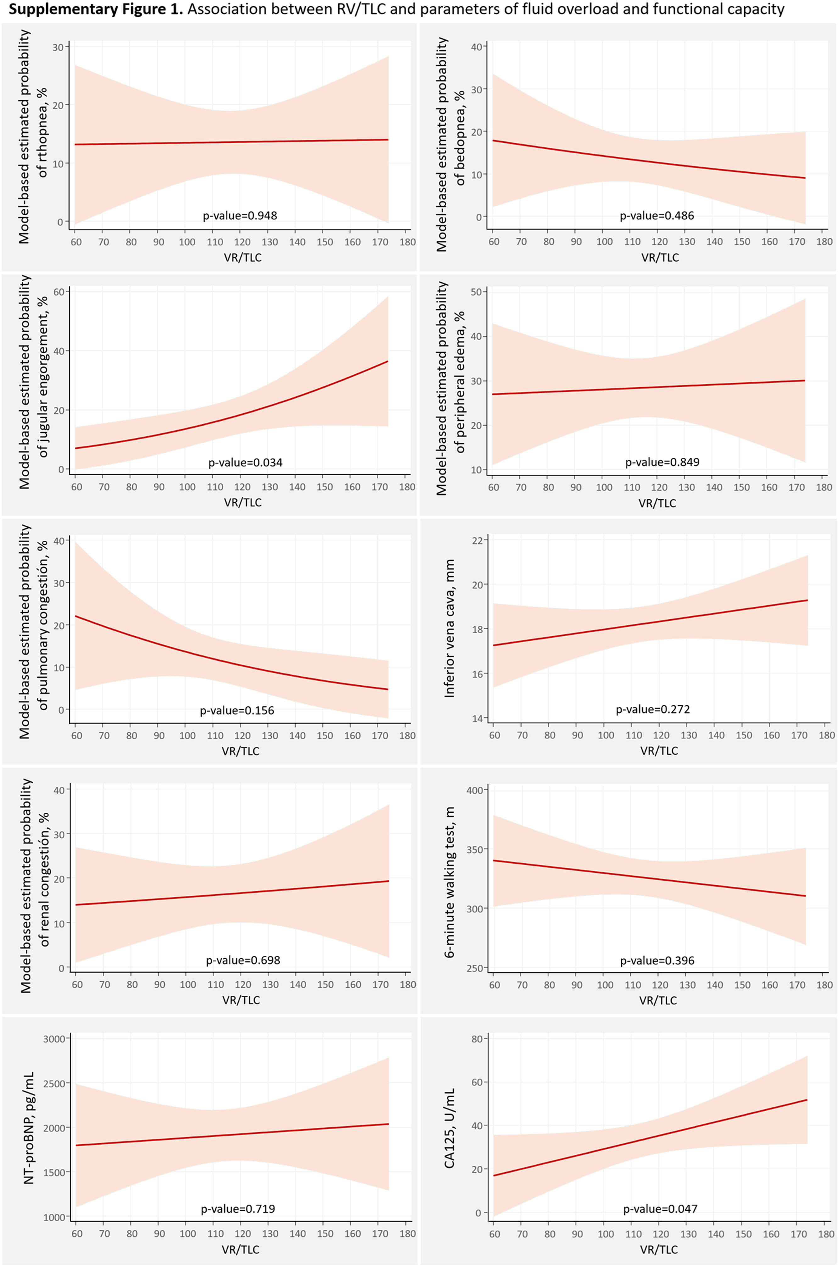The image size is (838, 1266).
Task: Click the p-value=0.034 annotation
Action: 245,462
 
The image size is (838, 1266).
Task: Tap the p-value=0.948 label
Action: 240,216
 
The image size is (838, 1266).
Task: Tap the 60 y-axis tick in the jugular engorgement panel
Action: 59,292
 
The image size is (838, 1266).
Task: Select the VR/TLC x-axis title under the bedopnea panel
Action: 660,258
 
